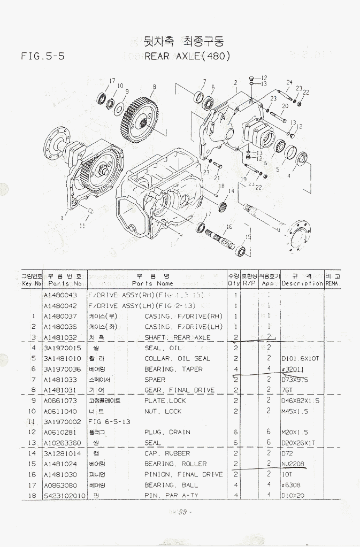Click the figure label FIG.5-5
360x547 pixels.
[x=42, y=56]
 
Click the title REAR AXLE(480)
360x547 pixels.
[x=187, y=56]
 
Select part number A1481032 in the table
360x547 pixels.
[x=60, y=337]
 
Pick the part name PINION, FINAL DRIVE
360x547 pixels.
[x=183, y=474]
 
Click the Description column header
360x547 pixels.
[x=302, y=283]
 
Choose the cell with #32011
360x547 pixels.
[x=293, y=369]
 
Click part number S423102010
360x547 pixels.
[x=64, y=496]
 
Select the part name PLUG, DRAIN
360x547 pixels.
[x=168, y=432]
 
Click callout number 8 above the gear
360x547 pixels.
[x=154, y=87]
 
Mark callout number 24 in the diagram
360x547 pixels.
[x=289, y=82]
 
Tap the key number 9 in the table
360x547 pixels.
[x=33, y=400]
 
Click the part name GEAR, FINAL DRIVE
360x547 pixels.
[x=179, y=390]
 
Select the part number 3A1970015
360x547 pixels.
[x=62, y=348]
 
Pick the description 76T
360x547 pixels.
[x=287, y=390]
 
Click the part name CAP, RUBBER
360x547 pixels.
[x=167, y=453]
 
